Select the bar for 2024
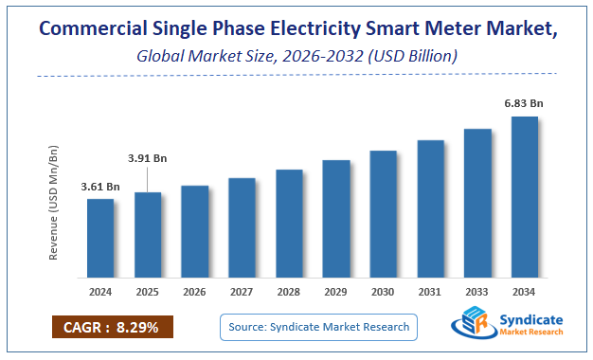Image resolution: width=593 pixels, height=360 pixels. point(100,241)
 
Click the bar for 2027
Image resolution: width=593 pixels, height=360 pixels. point(242,230)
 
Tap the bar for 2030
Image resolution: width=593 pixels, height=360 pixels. point(383,216)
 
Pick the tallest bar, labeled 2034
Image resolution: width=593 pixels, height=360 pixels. point(525,199)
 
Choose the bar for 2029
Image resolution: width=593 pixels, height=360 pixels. point(336,221)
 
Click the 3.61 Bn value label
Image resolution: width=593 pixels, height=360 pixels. point(100,187)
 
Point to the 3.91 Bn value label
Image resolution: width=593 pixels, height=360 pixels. point(148,158)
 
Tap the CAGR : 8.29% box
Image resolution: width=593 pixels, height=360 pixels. point(112,327)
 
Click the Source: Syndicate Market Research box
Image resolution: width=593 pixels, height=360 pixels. point(318,327)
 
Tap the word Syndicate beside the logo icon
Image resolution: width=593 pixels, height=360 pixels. point(530,319)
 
